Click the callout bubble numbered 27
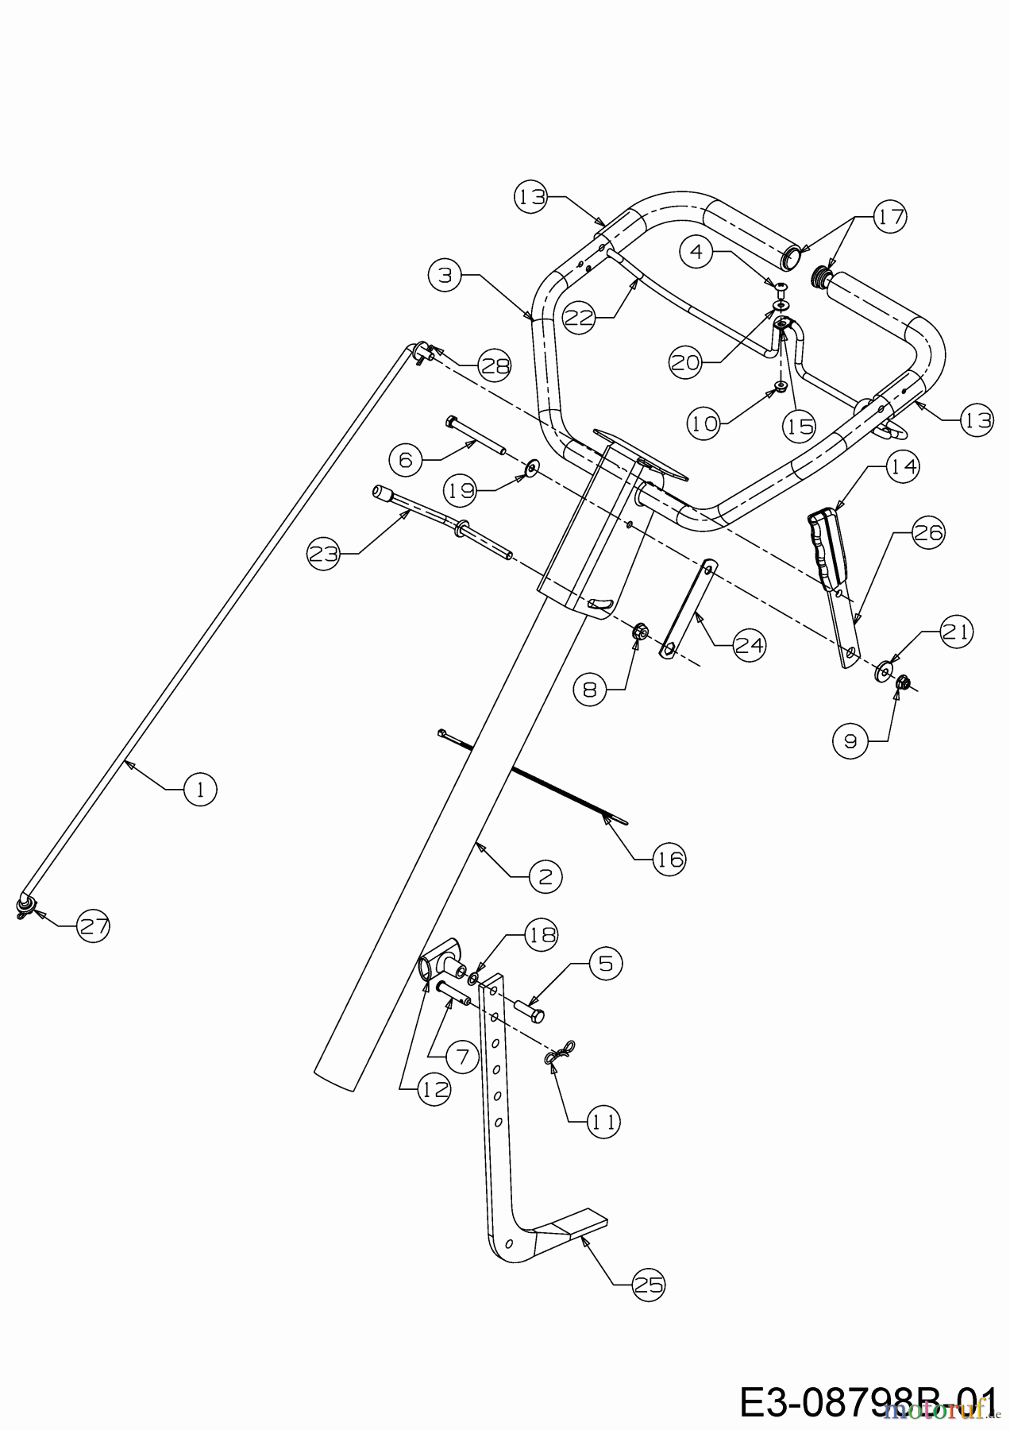coord(93,926)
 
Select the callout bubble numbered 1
coord(200,789)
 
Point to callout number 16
coord(669,859)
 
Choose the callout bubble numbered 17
coord(890,216)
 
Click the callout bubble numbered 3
coord(445,275)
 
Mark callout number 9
coord(850,741)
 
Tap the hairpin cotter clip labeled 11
coord(559,1054)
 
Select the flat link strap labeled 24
coord(687,608)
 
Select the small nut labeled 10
coord(780,388)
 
